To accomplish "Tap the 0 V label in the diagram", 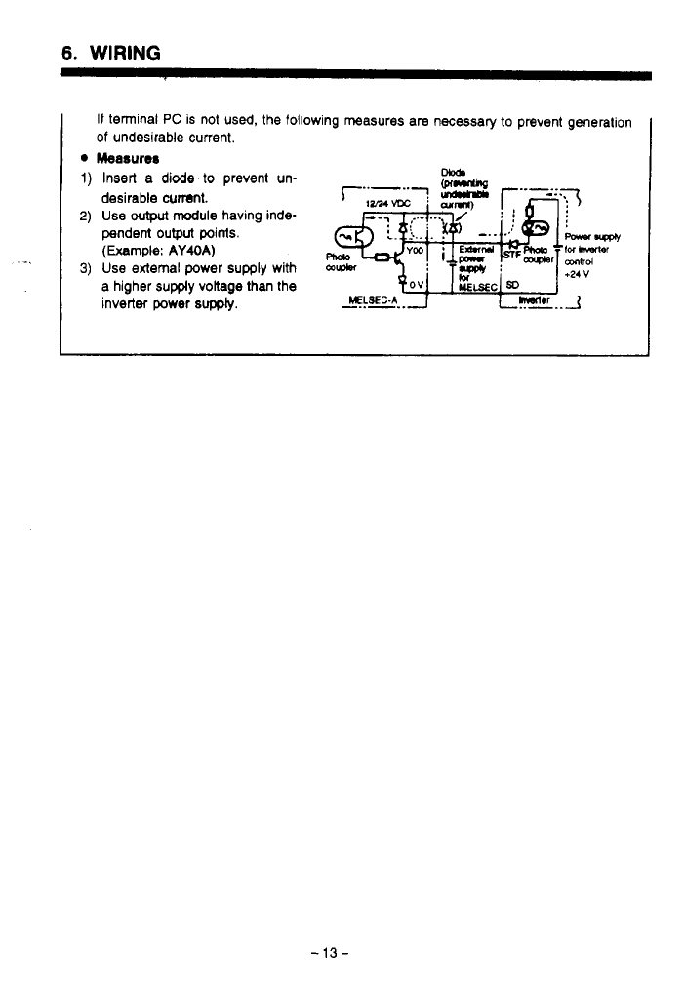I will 414,284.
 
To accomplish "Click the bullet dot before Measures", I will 85,158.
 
